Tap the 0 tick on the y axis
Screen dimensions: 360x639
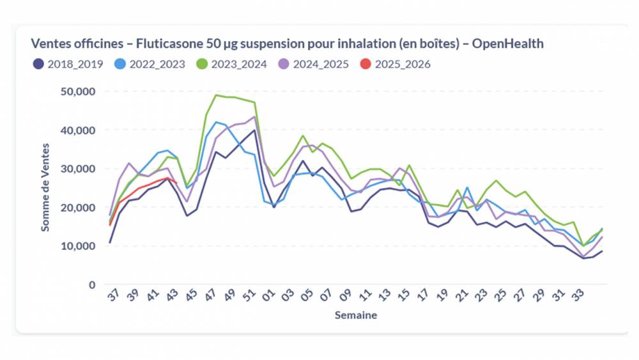(x=92, y=285)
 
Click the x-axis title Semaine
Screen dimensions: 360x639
(x=356, y=315)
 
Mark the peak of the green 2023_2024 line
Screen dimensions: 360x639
(x=217, y=95)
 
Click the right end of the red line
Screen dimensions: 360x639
(x=176, y=182)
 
